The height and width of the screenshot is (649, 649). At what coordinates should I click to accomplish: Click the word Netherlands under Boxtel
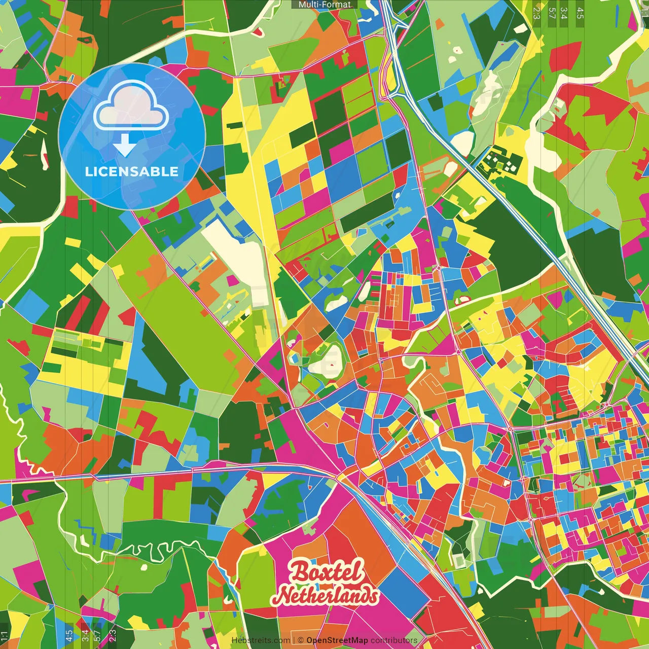coord(328,595)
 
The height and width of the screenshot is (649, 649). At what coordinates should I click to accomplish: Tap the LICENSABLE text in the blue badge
coord(132,171)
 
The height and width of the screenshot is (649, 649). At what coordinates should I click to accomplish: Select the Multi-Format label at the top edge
coord(324,5)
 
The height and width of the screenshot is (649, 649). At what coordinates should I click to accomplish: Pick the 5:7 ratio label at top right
coord(552,13)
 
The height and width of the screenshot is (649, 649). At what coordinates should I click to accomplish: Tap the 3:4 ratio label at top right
coord(564,13)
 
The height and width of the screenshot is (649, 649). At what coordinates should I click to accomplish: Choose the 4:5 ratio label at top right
coord(580,13)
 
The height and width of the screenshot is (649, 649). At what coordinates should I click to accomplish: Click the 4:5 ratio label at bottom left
coord(69,635)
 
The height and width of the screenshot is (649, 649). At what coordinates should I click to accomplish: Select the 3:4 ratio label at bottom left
coord(85,635)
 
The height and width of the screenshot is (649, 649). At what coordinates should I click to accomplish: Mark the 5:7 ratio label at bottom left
coord(97,635)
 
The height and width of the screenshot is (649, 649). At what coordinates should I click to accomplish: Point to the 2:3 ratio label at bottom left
coord(113,635)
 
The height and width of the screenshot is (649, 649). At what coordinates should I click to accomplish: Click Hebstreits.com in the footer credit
coord(261,640)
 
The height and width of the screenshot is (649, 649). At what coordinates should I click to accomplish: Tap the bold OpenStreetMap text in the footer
coord(337,640)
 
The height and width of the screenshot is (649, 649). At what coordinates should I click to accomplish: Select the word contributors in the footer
coord(394,640)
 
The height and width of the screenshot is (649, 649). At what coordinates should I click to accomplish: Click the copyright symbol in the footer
coord(301,640)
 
